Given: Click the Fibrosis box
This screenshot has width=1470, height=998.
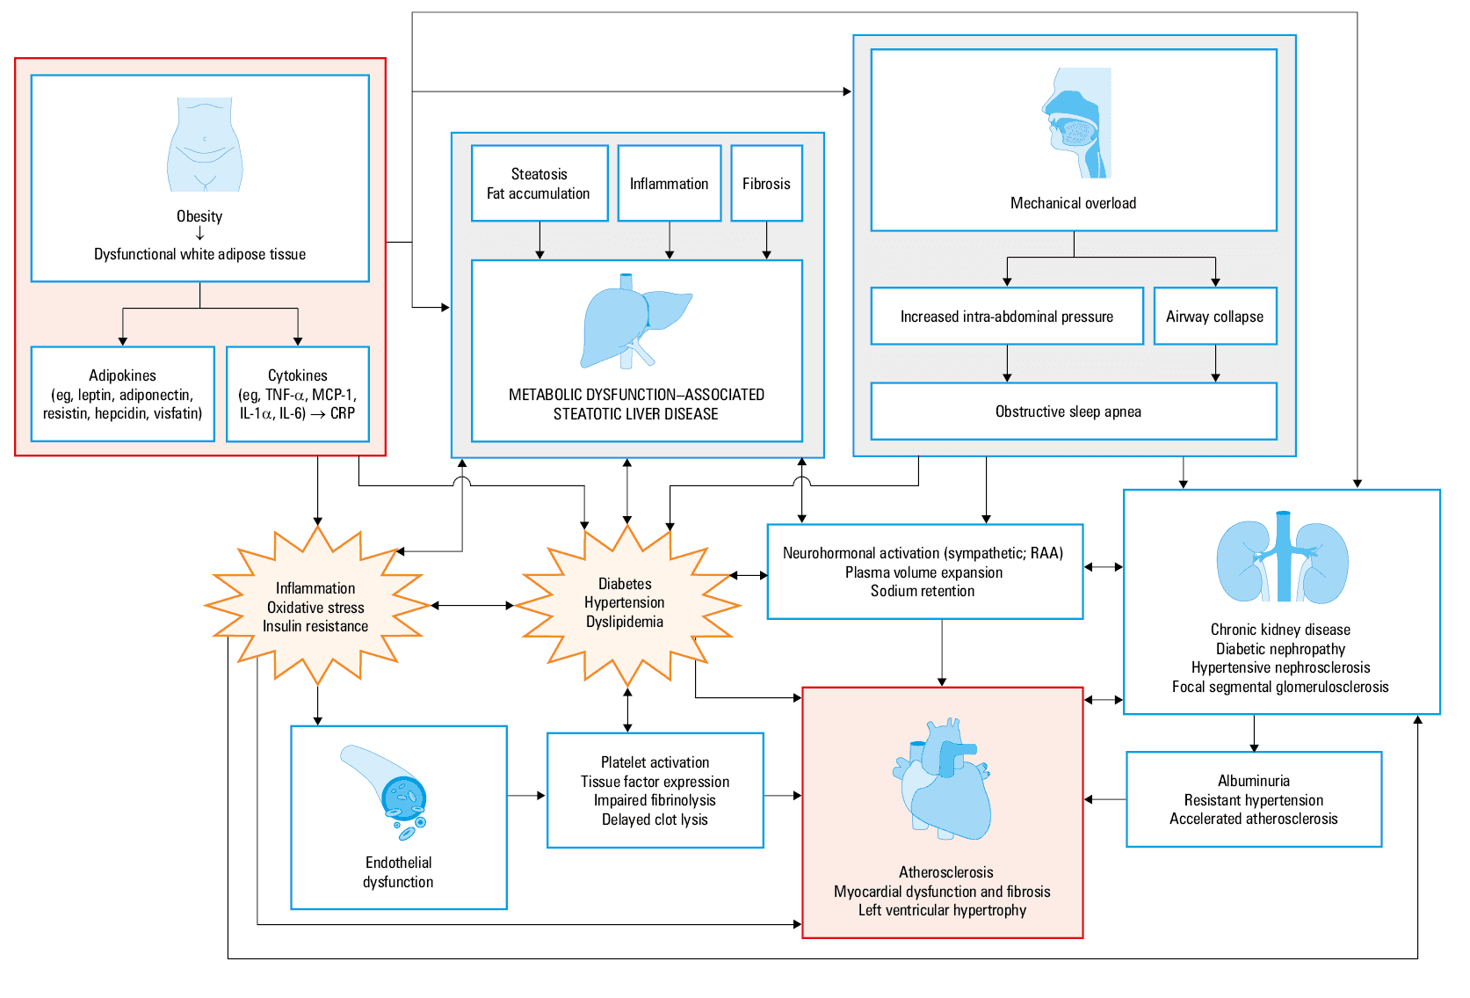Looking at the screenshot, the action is click(x=766, y=183).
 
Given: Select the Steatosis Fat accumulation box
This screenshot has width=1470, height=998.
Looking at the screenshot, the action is click(x=539, y=183).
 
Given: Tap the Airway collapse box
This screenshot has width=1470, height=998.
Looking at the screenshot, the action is click(x=1215, y=316).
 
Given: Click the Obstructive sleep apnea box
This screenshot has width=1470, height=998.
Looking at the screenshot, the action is click(x=1074, y=412).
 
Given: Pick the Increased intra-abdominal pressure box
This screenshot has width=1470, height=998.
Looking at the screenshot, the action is click(x=1007, y=316).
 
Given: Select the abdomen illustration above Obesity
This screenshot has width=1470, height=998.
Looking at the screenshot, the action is click(x=205, y=144).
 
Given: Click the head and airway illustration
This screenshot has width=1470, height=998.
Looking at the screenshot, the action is click(x=1076, y=123).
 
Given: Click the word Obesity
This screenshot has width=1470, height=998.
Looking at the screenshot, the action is click(x=199, y=216).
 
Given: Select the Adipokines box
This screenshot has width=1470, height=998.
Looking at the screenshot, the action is click(x=123, y=394).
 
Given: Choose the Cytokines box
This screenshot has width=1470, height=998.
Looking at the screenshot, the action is click(x=298, y=394).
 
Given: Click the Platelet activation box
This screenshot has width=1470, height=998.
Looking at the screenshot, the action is click(x=655, y=790).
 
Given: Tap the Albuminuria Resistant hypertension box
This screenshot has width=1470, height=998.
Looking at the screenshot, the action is click(x=1254, y=799).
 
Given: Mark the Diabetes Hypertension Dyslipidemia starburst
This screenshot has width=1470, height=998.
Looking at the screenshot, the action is click(x=627, y=605).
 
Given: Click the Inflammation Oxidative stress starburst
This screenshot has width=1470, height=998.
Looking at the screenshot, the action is click(x=317, y=606).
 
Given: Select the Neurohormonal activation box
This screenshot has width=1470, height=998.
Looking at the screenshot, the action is click(x=924, y=572).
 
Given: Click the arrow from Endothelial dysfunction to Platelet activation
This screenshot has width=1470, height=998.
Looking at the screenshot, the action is click(x=526, y=796).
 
